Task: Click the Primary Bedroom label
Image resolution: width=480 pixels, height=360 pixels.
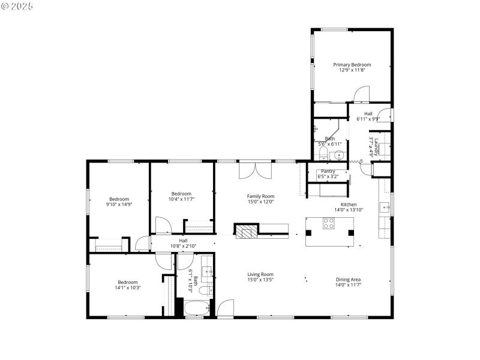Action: point(352,65)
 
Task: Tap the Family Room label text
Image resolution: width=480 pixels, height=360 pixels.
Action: point(260,196)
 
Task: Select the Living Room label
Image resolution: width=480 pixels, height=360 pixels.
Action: point(260,275)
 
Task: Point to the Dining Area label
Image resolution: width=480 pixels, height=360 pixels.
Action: point(348,280)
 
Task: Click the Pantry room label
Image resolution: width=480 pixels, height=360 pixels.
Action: point(328,171)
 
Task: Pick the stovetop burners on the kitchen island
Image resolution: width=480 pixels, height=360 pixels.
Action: point(329,223)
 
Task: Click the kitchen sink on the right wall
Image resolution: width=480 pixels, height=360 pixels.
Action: point(384,208)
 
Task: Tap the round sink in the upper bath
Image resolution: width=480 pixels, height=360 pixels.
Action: point(339,155)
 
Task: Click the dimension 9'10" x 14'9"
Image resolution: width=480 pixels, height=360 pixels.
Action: point(118,205)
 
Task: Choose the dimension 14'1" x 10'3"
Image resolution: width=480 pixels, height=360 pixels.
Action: point(127,287)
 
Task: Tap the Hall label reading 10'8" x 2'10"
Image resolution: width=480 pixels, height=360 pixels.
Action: point(183,245)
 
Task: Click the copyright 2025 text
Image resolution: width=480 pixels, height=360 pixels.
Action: point(17,6)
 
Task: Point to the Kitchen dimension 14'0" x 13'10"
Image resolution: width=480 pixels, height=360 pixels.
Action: point(349,209)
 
